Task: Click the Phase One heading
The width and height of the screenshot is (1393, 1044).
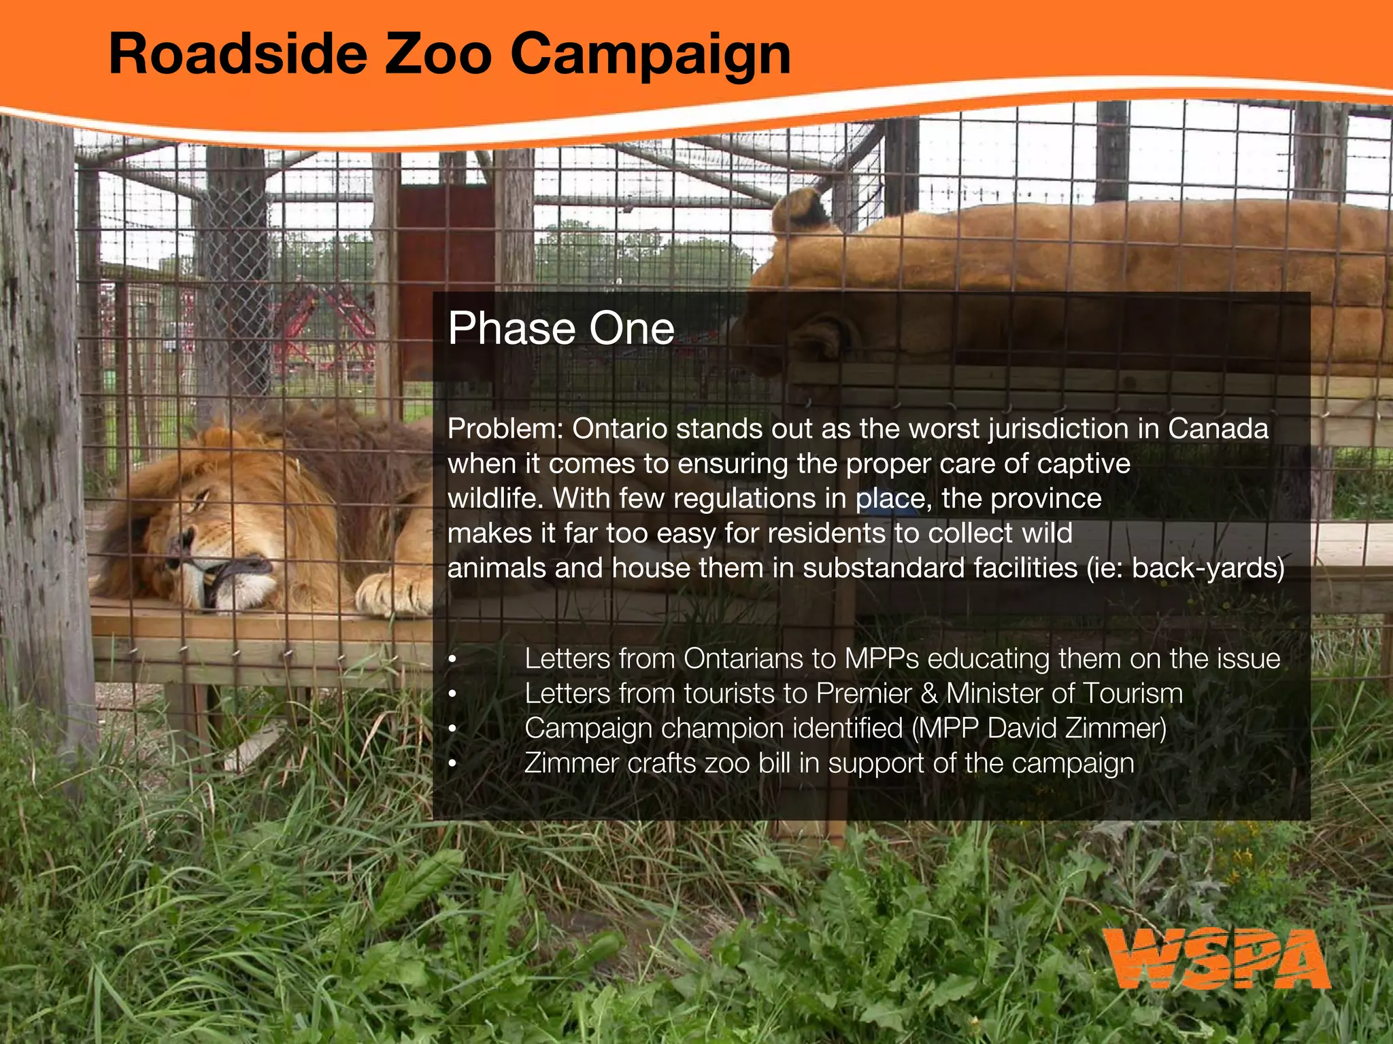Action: click(x=561, y=329)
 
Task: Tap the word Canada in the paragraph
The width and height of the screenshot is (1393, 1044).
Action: click(x=1218, y=430)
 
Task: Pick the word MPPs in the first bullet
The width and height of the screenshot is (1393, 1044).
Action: click(x=881, y=659)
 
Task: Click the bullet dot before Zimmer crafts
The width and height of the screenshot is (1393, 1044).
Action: click(x=452, y=764)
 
